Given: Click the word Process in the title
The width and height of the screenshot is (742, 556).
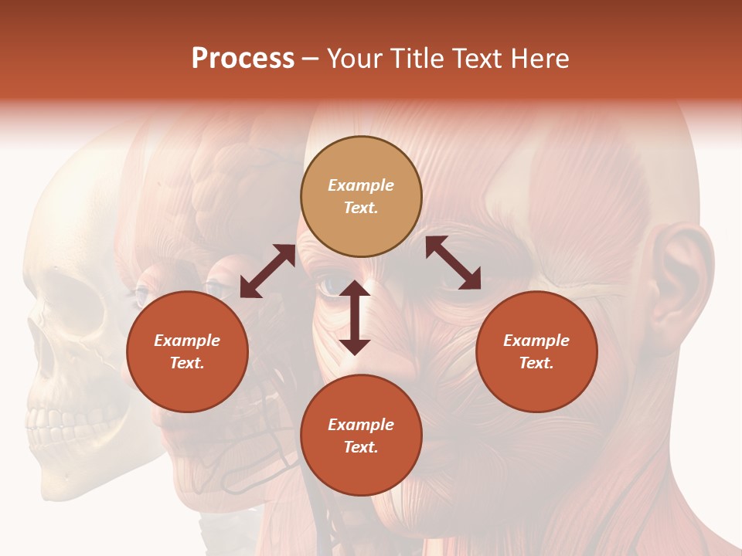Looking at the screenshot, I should coord(243,59).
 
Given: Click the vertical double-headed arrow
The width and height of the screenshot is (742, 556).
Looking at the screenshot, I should coord(355,318).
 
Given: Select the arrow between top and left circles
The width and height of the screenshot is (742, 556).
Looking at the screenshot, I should coord(267,271).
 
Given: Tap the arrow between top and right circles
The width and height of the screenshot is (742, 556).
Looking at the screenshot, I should coord(453,263).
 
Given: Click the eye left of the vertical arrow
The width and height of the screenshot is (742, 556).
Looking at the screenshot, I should coord(332,285).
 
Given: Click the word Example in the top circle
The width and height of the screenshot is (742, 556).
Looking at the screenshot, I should coord(361,185).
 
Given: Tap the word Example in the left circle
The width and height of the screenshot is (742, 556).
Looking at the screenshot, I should coord(187,341).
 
